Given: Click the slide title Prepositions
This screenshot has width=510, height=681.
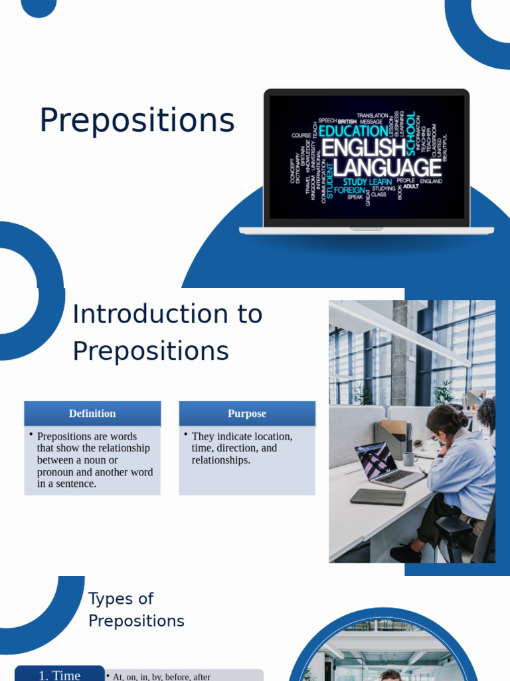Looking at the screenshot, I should [137, 121].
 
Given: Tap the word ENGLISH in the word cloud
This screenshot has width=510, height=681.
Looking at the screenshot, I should [363, 148].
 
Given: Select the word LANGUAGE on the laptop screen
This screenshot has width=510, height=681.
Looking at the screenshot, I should [386, 168].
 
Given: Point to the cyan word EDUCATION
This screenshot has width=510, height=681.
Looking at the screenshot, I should [353, 131].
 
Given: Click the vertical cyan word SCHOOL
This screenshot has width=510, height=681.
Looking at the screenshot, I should [411, 134].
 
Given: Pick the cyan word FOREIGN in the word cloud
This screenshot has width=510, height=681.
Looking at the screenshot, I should [349, 190].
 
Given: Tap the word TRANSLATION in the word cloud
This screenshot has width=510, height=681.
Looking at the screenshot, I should [372, 116].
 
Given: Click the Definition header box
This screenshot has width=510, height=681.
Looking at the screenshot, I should [92, 414].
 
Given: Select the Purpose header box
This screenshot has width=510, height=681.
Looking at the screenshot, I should [247, 414].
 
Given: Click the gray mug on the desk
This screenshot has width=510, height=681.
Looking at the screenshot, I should [410, 458].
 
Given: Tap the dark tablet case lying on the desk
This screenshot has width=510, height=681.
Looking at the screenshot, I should [378, 496].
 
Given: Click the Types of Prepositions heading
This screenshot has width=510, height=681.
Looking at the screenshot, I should [136, 609].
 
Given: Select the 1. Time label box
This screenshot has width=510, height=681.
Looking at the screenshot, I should [60, 674].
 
